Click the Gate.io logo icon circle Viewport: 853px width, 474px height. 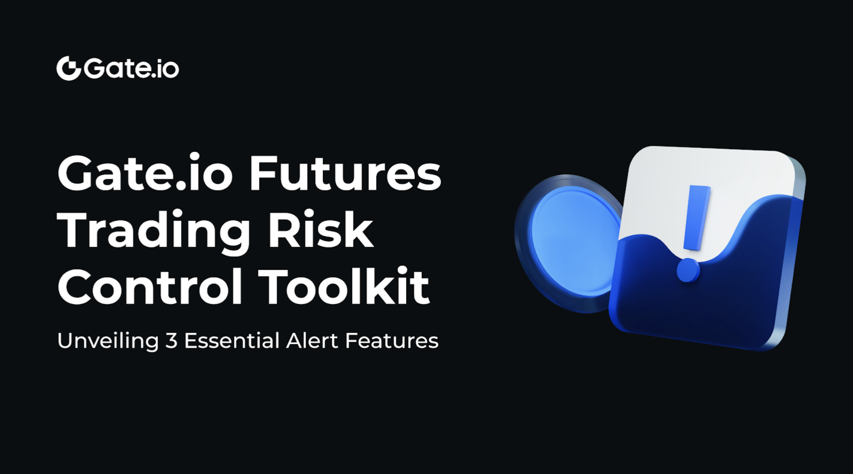tap(69, 68)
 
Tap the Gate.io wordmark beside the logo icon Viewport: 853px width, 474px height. tap(131, 68)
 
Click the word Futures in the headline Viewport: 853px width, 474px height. tap(345, 173)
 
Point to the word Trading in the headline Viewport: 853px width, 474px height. tap(153, 231)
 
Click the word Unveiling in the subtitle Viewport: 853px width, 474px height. tap(108, 341)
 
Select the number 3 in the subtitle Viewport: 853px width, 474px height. tap(171, 341)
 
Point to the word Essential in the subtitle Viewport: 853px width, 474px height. tap(232, 341)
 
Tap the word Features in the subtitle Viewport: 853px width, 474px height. tap(392, 341)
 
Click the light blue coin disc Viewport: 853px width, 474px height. tap(570, 241)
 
